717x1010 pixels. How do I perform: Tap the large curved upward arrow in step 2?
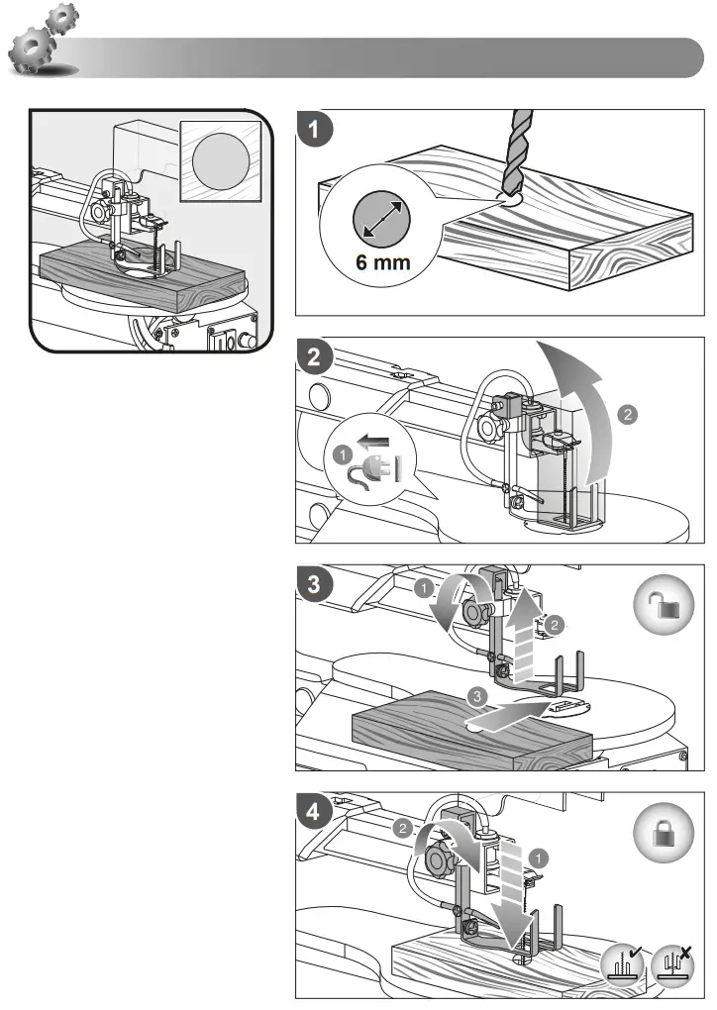click(584, 396)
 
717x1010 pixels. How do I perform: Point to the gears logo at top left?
click(45, 45)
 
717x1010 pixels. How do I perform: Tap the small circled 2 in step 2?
click(627, 415)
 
